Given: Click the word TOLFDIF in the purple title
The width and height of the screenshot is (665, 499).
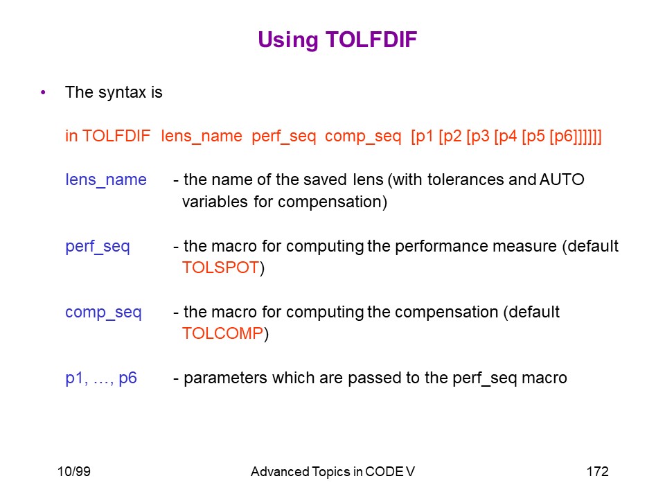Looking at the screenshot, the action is (371, 40).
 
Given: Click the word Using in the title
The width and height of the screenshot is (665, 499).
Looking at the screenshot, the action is (288, 41).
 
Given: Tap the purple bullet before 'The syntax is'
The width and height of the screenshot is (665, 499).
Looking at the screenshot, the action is (43, 92).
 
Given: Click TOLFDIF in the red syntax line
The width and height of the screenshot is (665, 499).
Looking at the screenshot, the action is (116, 137).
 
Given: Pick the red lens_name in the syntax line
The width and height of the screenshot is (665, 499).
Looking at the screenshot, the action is (202, 137).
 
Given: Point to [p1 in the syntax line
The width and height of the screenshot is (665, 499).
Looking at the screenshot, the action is (422, 137).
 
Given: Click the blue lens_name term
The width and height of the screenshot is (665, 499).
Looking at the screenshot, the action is (106, 180).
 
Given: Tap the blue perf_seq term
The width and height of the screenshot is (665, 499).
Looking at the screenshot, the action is (98, 247).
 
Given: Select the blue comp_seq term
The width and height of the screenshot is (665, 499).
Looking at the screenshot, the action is (103, 313).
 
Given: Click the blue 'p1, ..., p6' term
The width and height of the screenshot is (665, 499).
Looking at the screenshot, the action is (101, 378).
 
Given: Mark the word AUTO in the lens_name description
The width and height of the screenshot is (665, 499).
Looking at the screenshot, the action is (562, 180).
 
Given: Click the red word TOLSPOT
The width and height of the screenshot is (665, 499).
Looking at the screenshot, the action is (220, 268).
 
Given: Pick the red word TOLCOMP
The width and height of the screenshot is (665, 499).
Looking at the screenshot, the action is (222, 333).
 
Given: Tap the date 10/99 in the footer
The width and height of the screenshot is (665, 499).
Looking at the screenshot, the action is (74, 471).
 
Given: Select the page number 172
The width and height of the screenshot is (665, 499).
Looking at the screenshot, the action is (598, 471).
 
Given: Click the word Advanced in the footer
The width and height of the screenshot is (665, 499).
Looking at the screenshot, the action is (280, 471).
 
